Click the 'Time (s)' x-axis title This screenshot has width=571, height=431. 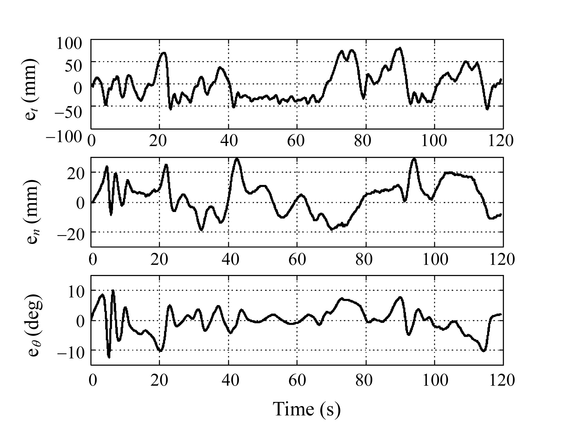[307, 409]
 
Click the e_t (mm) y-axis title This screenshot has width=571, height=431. [32, 88]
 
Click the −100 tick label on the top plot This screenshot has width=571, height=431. [64, 137]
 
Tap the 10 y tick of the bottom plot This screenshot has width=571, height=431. [74, 293]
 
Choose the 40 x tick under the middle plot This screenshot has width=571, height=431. [229, 260]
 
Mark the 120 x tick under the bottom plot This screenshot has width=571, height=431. [502, 380]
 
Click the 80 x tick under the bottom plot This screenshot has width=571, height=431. [364, 380]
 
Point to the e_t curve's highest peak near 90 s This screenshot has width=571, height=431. [400, 48]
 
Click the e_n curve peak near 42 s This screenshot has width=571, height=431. [237, 159]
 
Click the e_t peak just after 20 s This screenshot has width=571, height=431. [164, 53]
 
